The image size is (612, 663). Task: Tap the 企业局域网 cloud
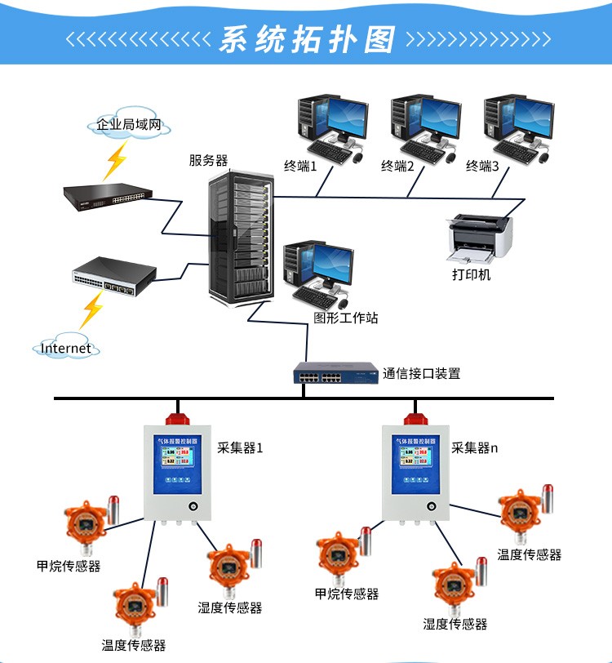point(130,126)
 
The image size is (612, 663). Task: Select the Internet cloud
point(67,348)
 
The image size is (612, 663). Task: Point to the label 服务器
point(208,160)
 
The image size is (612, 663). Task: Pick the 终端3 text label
point(482,167)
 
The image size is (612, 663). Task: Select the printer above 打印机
point(481,236)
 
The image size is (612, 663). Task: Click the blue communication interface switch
point(335,374)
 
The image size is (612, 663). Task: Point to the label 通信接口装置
point(422,374)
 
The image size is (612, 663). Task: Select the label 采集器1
point(240,448)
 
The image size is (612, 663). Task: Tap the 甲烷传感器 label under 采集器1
point(69,566)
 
